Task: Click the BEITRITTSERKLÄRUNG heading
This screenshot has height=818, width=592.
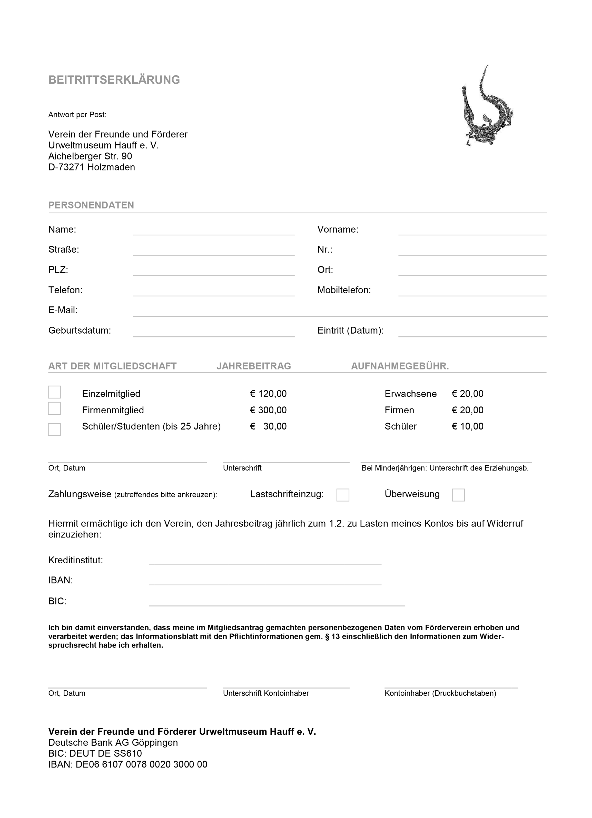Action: click(114, 80)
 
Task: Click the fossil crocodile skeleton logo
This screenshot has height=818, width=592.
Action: click(487, 107)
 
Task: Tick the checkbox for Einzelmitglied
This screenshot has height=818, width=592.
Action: click(54, 392)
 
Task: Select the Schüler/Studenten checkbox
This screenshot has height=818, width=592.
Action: click(54, 429)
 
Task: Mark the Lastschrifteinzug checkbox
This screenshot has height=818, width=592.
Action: click(343, 495)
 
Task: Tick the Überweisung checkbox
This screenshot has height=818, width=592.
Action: click(458, 495)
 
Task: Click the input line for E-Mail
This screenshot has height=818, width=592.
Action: click(340, 312)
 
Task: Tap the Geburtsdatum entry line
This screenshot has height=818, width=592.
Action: click(214, 333)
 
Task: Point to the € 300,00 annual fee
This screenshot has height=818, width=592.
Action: click(268, 410)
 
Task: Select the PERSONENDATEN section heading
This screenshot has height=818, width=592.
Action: click(91, 205)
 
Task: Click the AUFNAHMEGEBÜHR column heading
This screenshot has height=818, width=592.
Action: click(400, 366)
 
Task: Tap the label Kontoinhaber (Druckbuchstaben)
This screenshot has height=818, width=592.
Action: click(440, 693)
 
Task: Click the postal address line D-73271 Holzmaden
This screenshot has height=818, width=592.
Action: click(92, 167)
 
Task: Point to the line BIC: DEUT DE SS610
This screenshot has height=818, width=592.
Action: click(95, 753)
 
